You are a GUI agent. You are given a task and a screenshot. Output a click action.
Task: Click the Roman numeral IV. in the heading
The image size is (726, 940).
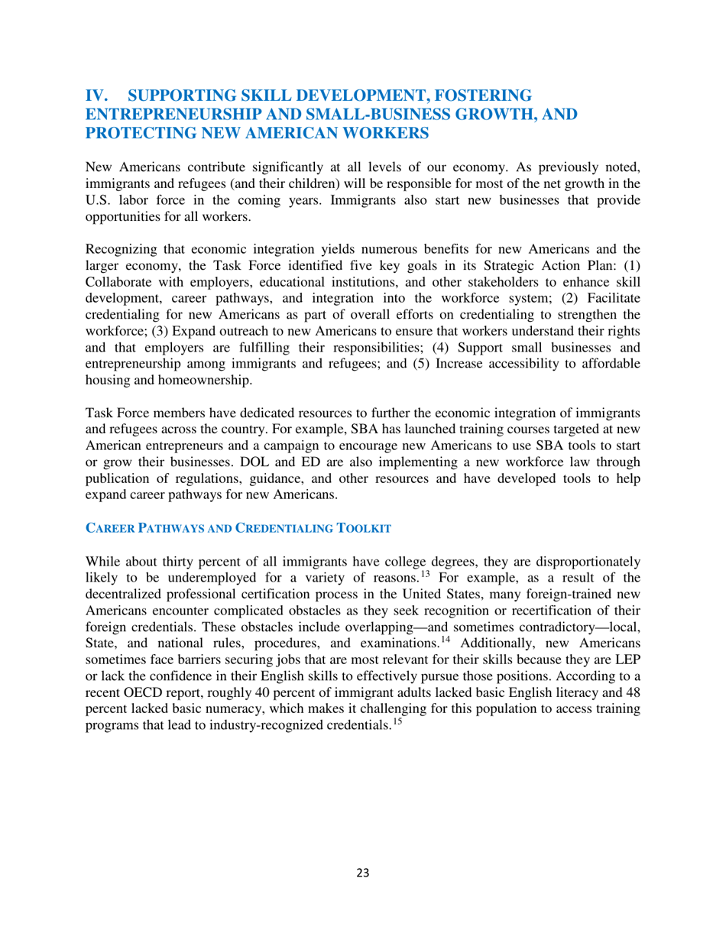pyautogui.click(x=99, y=96)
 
